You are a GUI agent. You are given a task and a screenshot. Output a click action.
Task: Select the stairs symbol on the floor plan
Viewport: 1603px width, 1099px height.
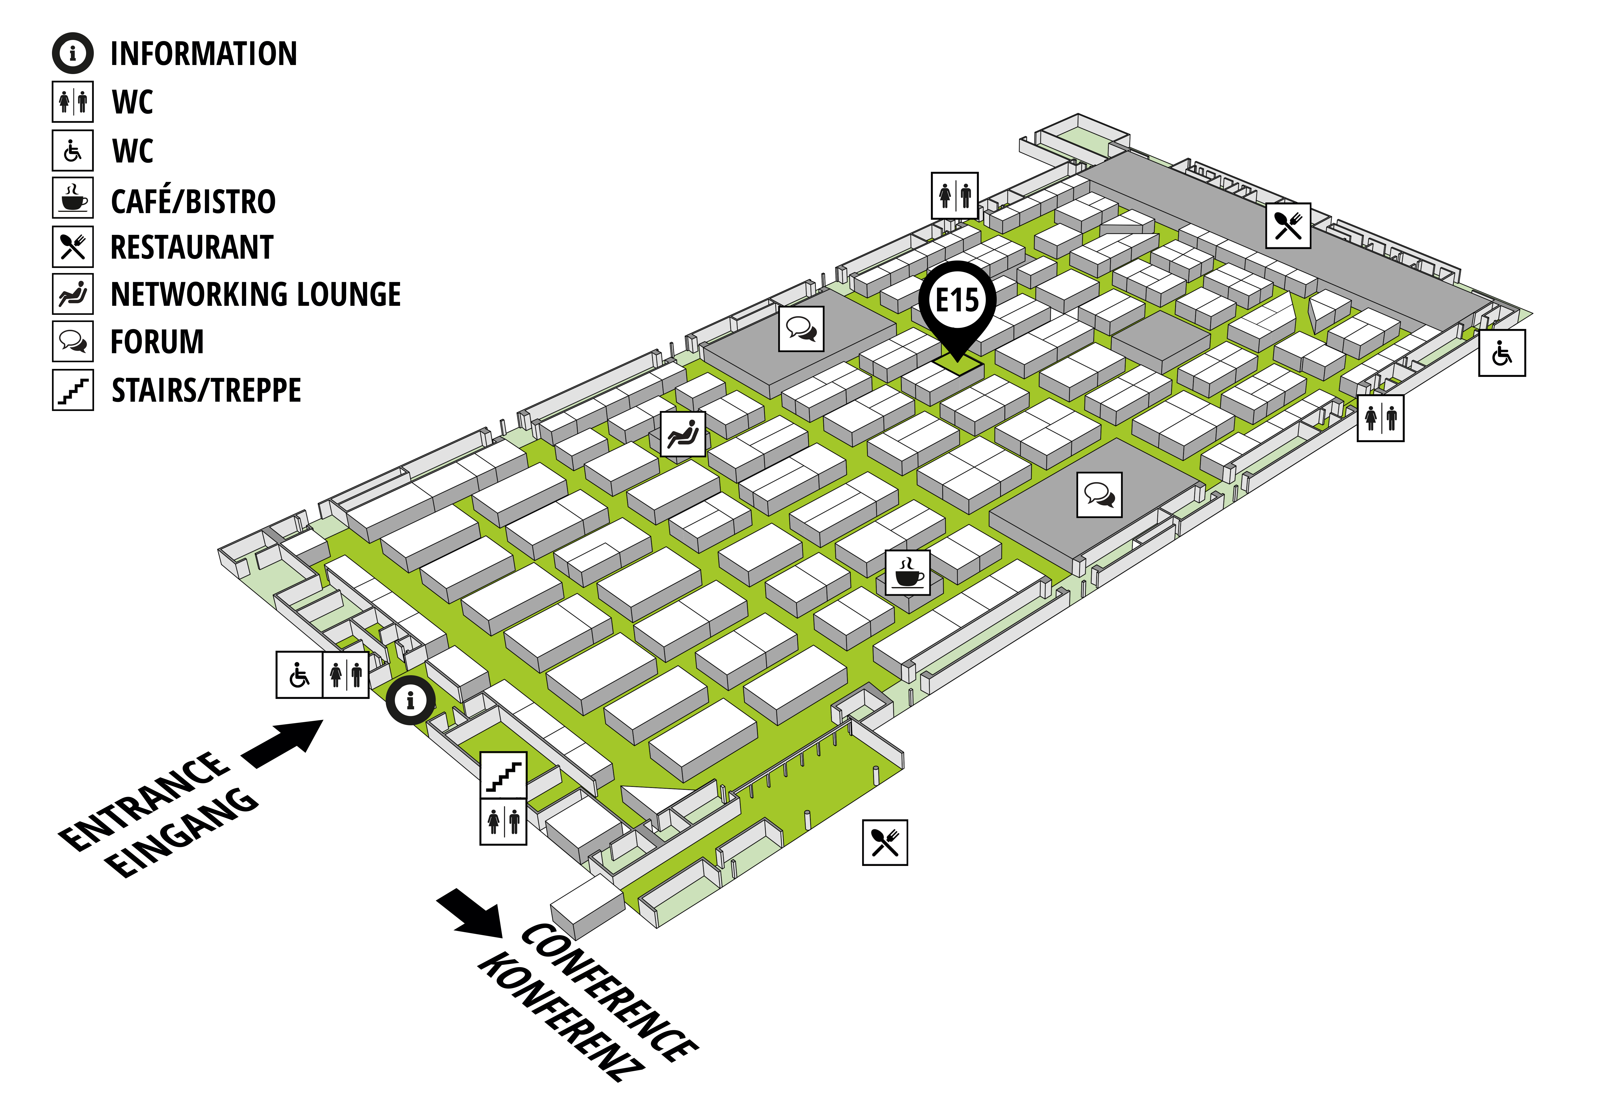(x=503, y=775)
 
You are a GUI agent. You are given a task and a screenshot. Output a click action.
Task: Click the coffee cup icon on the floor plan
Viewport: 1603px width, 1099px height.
(x=908, y=572)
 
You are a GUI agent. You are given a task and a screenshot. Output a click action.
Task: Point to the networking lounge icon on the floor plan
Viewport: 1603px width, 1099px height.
(x=683, y=434)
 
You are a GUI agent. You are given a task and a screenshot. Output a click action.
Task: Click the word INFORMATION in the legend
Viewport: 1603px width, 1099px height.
(x=204, y=54)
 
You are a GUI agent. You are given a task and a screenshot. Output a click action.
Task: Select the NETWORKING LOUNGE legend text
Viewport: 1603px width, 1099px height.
(x=255, y=294)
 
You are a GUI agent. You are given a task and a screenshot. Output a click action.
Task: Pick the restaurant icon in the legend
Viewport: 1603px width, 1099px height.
(x=72, y=247)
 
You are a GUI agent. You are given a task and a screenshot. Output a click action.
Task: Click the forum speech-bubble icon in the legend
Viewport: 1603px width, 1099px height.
(x=72, y=341)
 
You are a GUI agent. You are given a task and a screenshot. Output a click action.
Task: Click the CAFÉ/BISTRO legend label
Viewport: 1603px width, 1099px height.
(x=193, y=201)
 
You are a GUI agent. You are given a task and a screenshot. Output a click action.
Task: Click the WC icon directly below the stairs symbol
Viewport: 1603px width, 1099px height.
(x=503, y=822)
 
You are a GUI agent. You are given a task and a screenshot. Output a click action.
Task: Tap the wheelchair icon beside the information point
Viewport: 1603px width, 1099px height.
(x=299, y=675)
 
